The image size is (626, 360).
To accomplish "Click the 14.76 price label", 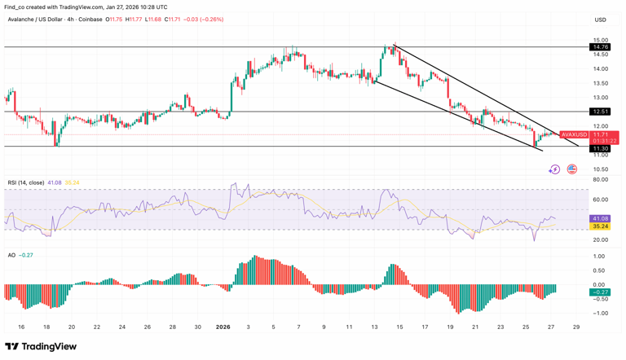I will [601, 47].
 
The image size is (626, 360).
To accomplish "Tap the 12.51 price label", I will [601, 112].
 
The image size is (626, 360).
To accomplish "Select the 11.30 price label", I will [601, 148].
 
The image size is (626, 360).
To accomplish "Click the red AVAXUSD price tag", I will [575, 134].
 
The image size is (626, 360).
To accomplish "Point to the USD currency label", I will [601, 20].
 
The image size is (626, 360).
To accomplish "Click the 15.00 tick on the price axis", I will [601, 40].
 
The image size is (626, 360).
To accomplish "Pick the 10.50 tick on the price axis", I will [601, 169].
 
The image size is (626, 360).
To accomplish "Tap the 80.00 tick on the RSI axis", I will [601, 179].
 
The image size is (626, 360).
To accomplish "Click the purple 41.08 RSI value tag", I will [601, 218].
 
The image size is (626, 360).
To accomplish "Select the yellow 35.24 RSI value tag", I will [601, 226].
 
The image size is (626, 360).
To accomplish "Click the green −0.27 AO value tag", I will [601, 292].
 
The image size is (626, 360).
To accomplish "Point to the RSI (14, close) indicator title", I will [24, 182].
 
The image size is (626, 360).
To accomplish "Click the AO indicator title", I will [11, 255].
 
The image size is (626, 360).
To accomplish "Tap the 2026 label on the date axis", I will [223, 327].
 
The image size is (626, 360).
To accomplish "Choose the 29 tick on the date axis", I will [576, 327].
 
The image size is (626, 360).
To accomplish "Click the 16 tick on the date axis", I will [21, 327].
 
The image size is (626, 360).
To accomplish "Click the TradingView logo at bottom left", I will [41, 346].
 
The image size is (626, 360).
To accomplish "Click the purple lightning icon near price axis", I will [554, 169].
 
